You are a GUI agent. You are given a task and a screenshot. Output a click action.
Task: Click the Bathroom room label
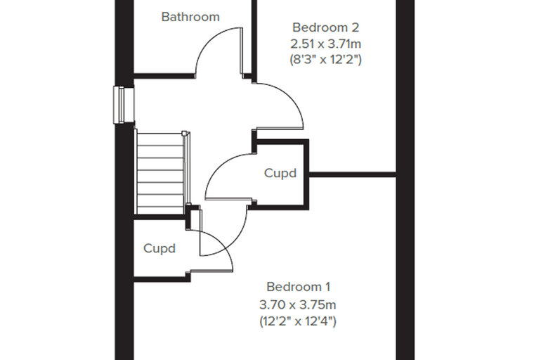point(190,17)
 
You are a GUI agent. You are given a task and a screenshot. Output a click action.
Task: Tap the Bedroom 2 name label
point(325,27)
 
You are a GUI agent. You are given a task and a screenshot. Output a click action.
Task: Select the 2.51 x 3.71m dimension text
point(325,44)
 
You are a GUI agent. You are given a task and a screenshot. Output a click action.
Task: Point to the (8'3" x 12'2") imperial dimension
point(325,59)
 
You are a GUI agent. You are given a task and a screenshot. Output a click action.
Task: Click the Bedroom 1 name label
point(299,287)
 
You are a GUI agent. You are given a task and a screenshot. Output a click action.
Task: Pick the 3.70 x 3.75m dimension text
point(298,304)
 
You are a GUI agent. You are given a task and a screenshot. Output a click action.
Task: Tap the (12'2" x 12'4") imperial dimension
point(298,321)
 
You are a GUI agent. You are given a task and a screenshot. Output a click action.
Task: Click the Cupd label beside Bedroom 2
point(280,174)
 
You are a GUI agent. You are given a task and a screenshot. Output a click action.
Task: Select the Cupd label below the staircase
point(159,248)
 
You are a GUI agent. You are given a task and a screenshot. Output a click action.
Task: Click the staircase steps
point(160,174)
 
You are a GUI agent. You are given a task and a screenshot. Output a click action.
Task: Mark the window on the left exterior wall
point(123,105)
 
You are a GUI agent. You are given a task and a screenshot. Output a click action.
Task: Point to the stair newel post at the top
point(184,134)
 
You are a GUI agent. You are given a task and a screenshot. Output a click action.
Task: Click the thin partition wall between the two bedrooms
point(352,174)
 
